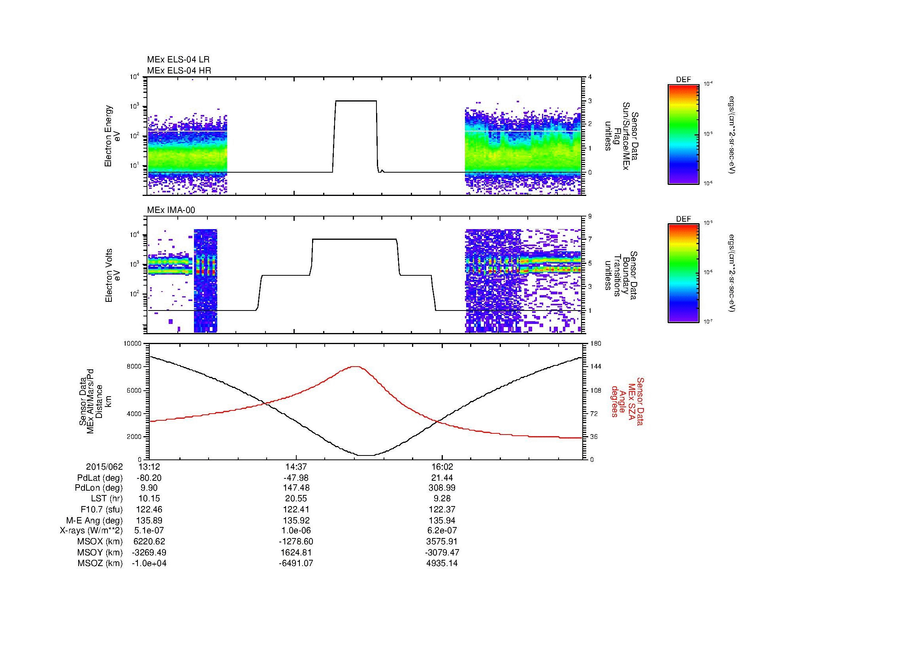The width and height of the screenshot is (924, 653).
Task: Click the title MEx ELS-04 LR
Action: [178, 60]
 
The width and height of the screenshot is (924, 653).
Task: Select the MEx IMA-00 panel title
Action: [171, 210]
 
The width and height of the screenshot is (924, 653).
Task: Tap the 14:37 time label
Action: [296, 467]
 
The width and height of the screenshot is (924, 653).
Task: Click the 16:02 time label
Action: [442, 467]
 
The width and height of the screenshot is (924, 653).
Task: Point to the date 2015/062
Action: [104, 467]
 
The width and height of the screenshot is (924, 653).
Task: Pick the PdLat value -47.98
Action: [296, 478]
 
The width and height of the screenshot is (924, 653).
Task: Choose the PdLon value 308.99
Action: [442, 488]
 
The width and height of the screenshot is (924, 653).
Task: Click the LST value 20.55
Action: [296, 499]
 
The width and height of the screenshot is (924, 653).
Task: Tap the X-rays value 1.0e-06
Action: [296, 531]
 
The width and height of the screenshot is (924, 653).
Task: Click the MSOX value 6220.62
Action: [149, 542]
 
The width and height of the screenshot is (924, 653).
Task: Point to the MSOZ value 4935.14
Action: [442, 563]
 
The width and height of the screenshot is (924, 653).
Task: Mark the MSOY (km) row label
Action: [100, 552]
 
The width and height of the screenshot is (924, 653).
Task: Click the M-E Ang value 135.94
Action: [442, 520]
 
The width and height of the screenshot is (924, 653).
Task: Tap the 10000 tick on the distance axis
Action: [133, 344]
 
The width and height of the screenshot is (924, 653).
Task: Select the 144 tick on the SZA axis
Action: [595, 367]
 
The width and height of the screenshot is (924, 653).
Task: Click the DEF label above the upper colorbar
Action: [683, 80]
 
